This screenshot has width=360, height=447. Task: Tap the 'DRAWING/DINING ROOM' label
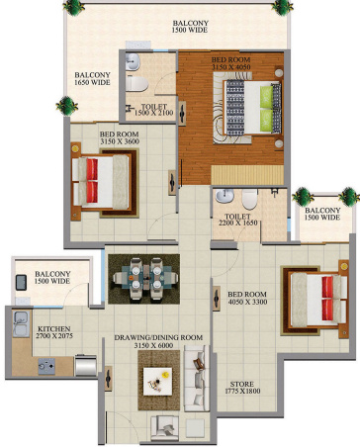pyautogui.click(x=158, y=338)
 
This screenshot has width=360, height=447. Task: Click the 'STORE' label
pyautogui.click(x=242, y=384)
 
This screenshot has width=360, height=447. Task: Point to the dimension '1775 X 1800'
pyautogui.click(x=242, y=393)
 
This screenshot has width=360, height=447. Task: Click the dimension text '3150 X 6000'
pyautogui.click(x=158, y=347)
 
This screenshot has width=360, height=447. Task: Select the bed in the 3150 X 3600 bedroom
pyautogui.click(x=98, y=179)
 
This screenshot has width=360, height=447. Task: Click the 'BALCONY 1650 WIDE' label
pyautogui.click(x=91, y=77)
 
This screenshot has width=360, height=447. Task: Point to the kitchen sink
pyautogui.click(x=44, y=366)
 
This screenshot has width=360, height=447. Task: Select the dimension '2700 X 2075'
pyautogui.click(x=53, y=337)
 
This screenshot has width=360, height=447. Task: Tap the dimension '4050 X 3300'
pyautogui.click(x=248, y=304)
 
